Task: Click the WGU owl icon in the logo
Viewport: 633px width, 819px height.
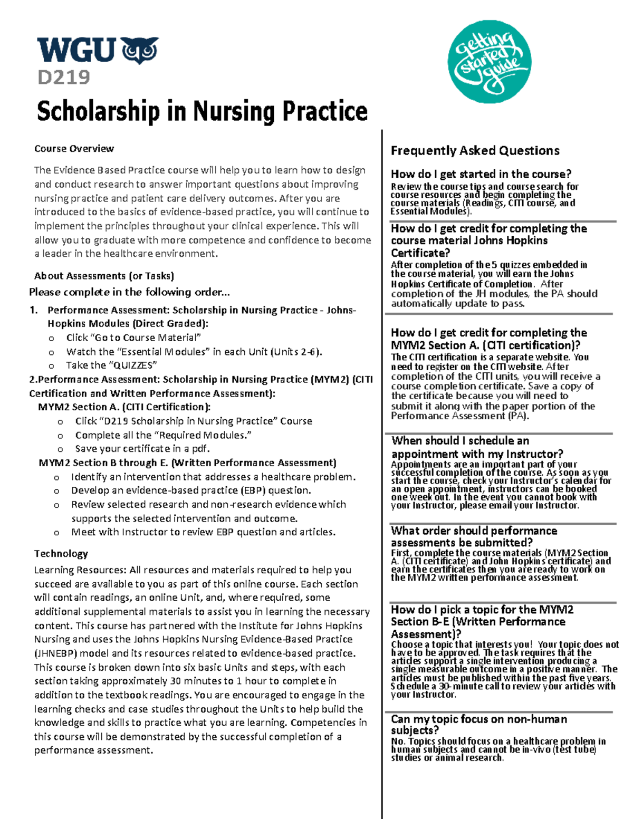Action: coord(140,50)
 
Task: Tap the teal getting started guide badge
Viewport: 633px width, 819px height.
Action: coord(489,61)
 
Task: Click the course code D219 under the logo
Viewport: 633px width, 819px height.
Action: coord(63,78)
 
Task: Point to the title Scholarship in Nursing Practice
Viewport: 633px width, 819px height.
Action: coord(202,111)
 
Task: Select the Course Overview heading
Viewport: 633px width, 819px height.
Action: coord(74,149)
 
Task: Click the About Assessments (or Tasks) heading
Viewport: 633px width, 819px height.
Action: coord(104,276)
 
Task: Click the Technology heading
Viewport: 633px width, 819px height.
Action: coord(61,554)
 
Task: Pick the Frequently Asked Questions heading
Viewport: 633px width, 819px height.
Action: coord(475,151)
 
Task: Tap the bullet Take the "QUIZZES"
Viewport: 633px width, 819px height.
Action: coord(111,365)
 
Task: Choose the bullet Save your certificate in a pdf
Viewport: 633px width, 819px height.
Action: coord(142,449)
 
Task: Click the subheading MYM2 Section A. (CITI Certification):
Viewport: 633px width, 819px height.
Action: coord(124,407)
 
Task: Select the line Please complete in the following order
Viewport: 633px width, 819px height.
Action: coord(129,292)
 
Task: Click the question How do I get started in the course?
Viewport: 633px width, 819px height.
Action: coord(481,174)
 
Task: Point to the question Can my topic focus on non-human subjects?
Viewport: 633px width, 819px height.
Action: coord(479,725)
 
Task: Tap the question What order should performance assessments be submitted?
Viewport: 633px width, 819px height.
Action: coord(474,536)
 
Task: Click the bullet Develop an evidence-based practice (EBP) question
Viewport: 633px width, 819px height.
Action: coord(191,490)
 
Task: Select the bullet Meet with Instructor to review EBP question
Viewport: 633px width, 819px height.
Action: coord(203,532)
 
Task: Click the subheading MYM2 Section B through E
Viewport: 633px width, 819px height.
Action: coord(187,463)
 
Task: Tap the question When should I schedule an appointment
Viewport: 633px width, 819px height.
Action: coord(477,447)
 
